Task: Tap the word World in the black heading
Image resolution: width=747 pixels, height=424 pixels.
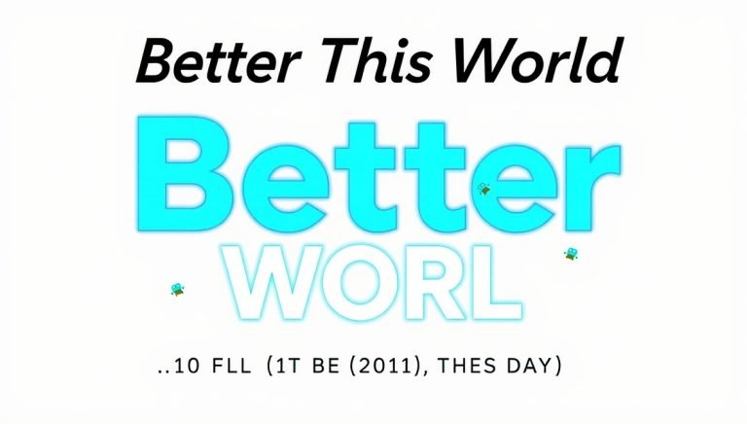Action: point(533,62)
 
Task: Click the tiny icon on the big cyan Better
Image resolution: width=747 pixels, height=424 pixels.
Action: point(483,190)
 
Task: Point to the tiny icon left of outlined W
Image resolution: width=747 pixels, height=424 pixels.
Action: point(178,289)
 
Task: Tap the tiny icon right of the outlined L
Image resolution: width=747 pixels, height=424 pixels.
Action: point(572,254)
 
